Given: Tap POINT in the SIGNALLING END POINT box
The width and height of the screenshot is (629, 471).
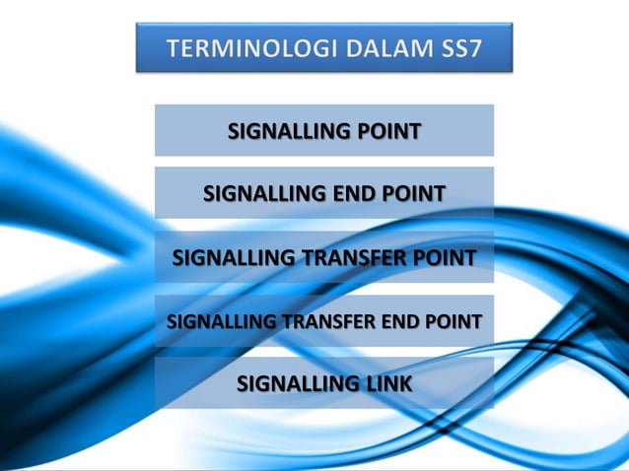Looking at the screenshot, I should pos(413,194).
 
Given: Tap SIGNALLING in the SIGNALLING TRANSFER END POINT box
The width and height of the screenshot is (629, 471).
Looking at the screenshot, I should pos(222,321).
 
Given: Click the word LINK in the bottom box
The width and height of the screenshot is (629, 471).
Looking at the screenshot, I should pos(386,384).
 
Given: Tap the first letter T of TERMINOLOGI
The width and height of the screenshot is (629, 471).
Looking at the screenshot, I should pos(174,48).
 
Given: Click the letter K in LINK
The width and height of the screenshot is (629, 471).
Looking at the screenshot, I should pos(403,384).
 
